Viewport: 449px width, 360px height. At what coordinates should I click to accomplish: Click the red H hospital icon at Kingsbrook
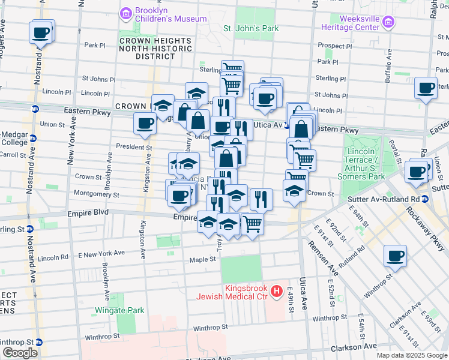pyautogui.click(x=277, y=292)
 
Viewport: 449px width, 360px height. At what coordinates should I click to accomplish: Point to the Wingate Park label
pyautogui.click(x=119, y=311)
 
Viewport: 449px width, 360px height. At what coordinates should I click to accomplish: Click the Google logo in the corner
pyautogui.click(x=20, y=353)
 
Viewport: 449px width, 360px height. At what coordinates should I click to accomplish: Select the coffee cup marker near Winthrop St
pyautogui.click(x=395, y=256)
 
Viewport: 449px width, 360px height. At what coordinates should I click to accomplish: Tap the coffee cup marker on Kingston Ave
pyautogui.click(x=145, y=124)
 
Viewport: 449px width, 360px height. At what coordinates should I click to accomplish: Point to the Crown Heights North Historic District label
pyautogui.click(x=155, y=49)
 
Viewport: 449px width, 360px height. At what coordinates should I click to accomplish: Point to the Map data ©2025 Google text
pyautogui.click(x=411, y=355)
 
